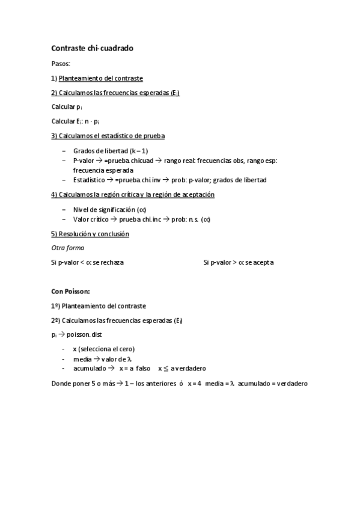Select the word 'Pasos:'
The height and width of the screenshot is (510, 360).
[61, 63]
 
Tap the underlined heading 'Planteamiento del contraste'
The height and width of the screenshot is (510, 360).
[100, 78]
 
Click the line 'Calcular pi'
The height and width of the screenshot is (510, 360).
[67, 106]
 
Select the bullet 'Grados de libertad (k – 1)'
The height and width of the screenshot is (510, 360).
[111, 150]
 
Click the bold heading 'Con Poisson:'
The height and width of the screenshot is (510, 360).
[70, 291]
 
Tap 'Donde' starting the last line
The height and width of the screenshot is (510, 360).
[61, 383]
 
